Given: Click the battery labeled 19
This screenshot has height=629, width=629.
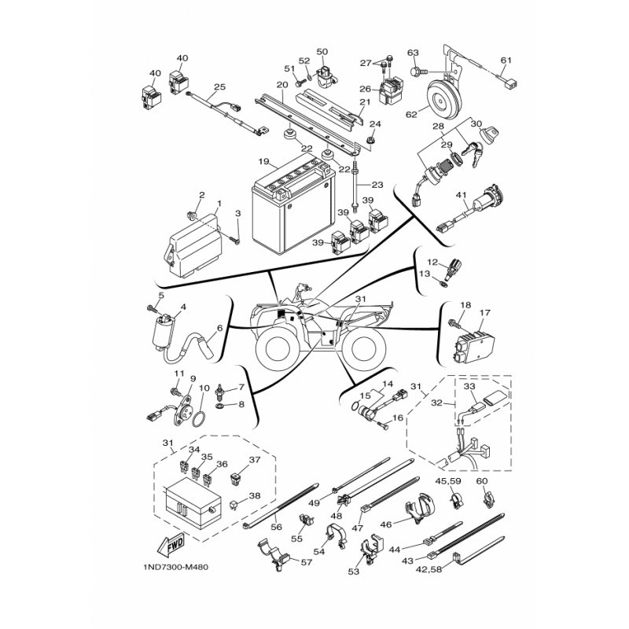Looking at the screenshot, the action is (292, 205).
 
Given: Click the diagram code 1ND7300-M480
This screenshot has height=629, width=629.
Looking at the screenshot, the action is (175, 568).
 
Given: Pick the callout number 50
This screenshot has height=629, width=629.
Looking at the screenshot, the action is (322, 52).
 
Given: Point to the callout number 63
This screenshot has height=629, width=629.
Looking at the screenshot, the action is (413, 53).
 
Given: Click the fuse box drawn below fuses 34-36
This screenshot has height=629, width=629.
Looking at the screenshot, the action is (193, 504).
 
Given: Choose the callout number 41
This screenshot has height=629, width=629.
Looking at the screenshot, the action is (462, 195).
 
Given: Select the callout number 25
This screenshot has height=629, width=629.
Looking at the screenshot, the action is (220, 86).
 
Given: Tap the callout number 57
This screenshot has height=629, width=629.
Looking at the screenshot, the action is (307, 562).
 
